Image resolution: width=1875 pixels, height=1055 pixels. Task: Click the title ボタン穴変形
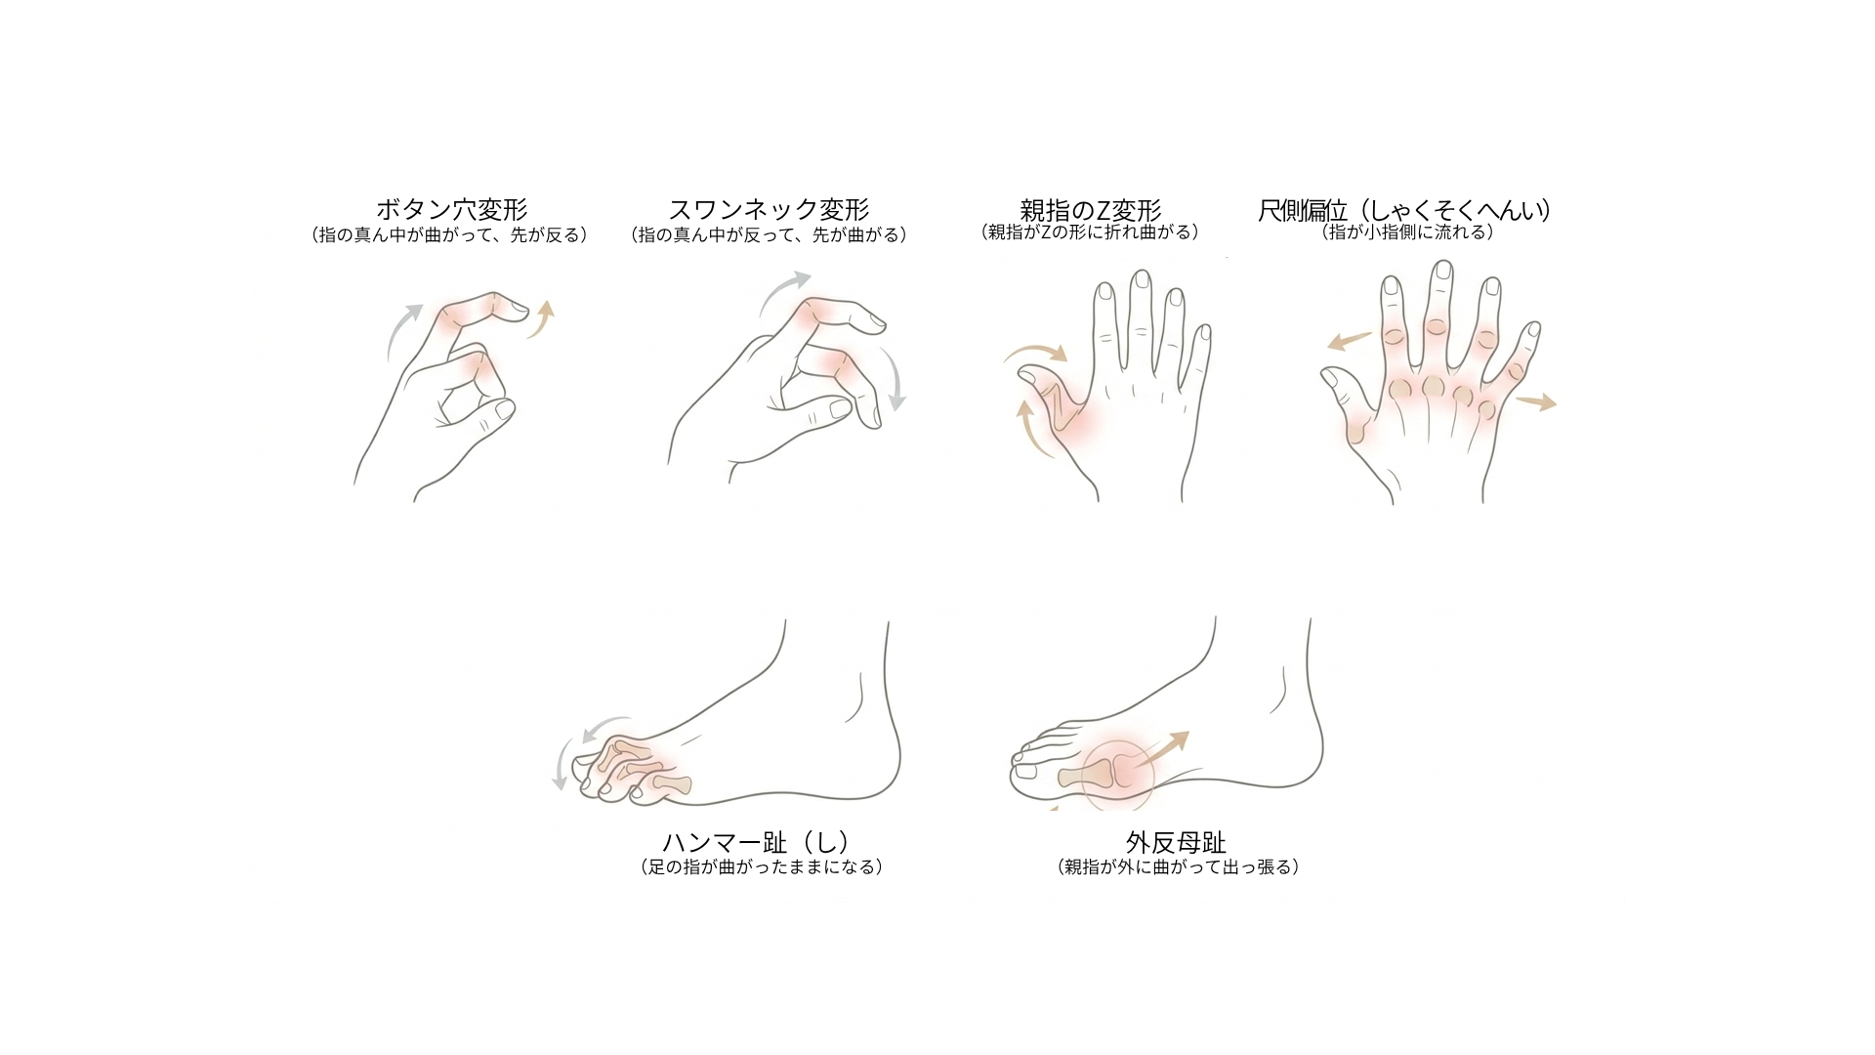[x=452, y=210]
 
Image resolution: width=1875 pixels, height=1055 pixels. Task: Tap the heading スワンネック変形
[x=770, y=210]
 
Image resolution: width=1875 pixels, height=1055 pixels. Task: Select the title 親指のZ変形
[x=1090, y=210]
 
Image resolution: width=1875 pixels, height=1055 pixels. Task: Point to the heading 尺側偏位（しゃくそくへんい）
[x=1406, y=210]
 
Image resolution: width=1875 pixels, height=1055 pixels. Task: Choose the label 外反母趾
[x=1176, y=842]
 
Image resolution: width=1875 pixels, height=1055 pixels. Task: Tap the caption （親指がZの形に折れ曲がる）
[x=1090, y=232]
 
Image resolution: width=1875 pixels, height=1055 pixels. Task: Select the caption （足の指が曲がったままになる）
[x=761, y=866]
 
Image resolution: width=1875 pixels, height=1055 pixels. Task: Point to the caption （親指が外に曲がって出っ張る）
[x=1179, y=866]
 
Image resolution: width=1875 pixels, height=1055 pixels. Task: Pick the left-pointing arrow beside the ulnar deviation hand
[x=1350, y=341]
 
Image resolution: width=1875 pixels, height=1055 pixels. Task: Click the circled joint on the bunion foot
[x=1118, y=771]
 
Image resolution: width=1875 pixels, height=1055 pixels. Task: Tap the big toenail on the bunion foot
[x=1026, y=772]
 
